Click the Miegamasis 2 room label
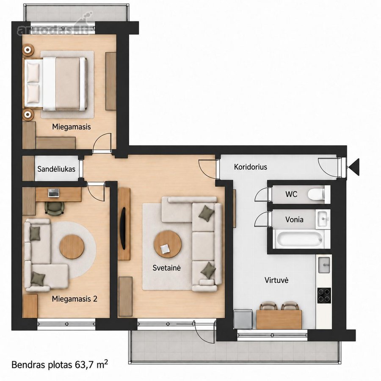coord(75,298)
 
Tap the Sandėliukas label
coord(56,169)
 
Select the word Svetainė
coord(167,268)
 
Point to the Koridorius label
coord(251,167)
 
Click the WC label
coord(291,194)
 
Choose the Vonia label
coord(294,220)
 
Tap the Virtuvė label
coord(276,280)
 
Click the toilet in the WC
coord(316,194)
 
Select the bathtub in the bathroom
coord(300,239)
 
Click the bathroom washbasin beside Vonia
coord(323,219)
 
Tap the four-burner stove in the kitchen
coord(324,295)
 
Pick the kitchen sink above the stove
coord(324,265)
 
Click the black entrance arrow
coord(354,167)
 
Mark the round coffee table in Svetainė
coord(167,244)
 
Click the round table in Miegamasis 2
coord(72,247)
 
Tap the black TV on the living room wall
coord(124,228)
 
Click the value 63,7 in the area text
coord(85,365)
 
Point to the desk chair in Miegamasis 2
coord(55,208)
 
